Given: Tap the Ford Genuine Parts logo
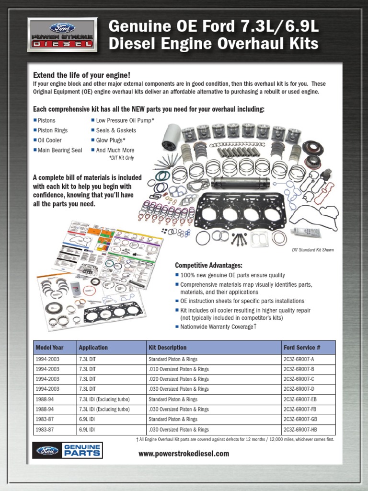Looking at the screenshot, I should click(x=67, y=451).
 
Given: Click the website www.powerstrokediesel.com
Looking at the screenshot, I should click(x=184, y=454).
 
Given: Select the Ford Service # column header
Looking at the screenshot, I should click(x=301, y=348).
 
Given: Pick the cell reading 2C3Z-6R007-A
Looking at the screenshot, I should click(x=299, y=359).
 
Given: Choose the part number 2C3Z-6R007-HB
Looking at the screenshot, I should click(x=300, y=430).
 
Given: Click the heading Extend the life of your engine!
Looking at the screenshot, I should click(x=81, y=75).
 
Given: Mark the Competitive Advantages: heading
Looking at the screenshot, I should click(x=208, y=265).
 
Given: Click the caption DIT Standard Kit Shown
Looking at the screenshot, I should click(x=312, y=250).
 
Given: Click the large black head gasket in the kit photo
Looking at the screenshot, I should click(x=240, y=211).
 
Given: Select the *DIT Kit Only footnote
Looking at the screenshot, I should click(x=122, y=158).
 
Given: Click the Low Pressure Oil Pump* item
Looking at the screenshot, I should click(x=125, y=120).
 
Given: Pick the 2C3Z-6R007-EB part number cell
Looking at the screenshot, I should click(x=300, y=399).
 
